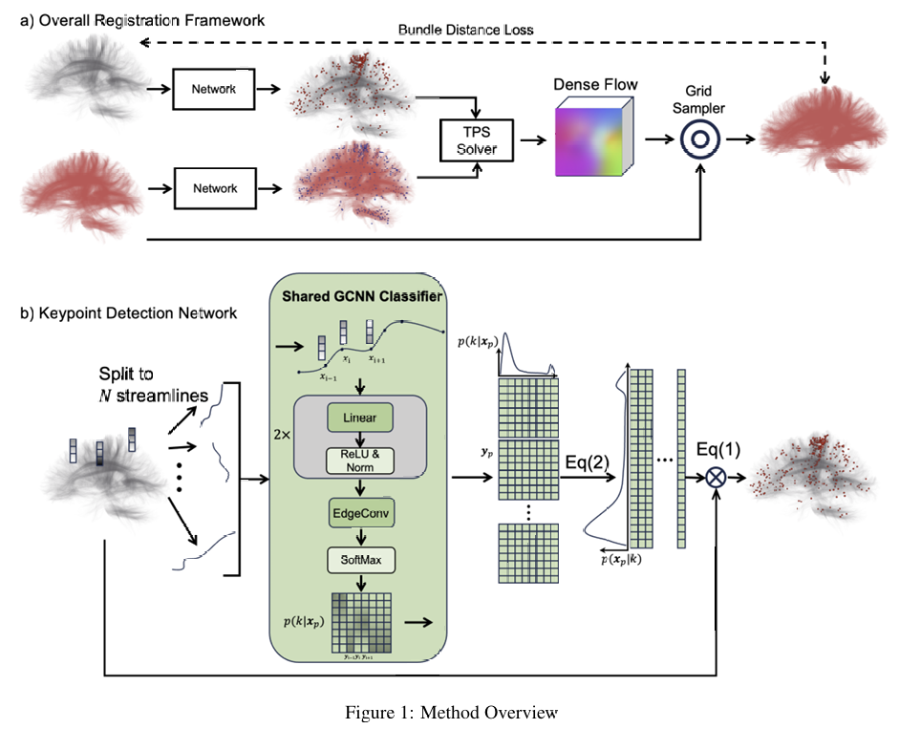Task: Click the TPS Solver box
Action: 475,139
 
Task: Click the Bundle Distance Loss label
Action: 465,30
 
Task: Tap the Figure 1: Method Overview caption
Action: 450,712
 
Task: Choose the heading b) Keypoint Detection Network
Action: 129,312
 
